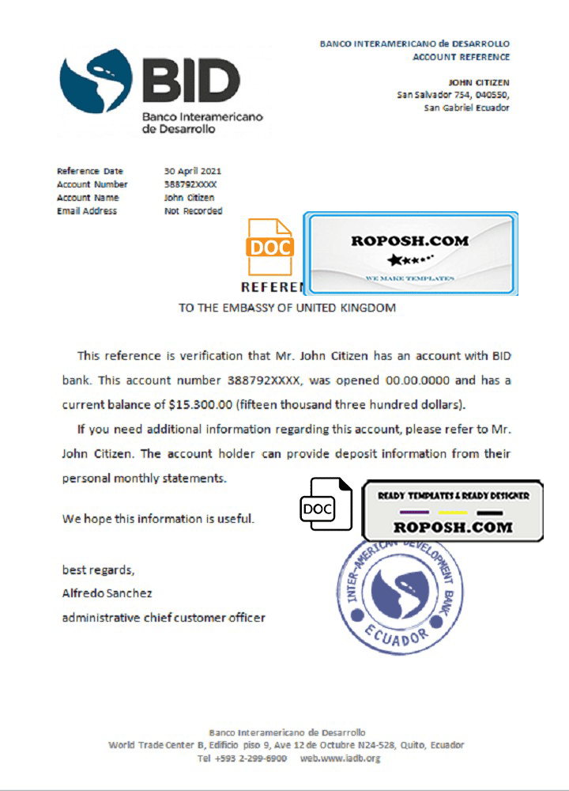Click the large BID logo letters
(x=191, y=81)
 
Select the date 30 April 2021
(x=193, y=171)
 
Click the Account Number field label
(x=92, y=184)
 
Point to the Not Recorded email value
(x=193, y=211)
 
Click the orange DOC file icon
(x=270, y=246)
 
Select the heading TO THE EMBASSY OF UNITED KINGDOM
(x=287, y=308)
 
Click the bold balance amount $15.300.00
(x=201, y=404)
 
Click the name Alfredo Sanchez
(x=107, y=592)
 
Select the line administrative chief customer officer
(x=164, y=617)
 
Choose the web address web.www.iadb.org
(x=340, y=758)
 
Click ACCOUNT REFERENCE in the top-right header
(x=461, y=57)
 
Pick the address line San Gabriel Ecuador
(x=466, y=108)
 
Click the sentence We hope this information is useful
(x=158, y=519)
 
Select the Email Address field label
(x=87, y=211)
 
